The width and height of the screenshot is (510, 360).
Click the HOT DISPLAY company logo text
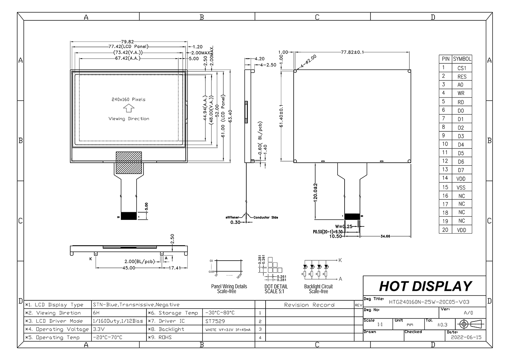[x=425, y=286]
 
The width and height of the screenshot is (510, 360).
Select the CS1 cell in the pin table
[x=462, y=68]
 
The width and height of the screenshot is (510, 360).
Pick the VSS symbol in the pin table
[x=462, y=187]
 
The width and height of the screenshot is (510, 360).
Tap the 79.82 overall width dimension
[x=127, y=41]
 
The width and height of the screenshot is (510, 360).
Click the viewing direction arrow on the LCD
[x=128, y=108]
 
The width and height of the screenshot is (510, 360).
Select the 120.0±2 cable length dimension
[x=315, y=192]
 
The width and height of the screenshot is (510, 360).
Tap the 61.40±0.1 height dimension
[x=281, y=116]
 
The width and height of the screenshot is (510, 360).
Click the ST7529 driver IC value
[x=215, y=321]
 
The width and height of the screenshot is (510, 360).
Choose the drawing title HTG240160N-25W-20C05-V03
[x=429, y=302]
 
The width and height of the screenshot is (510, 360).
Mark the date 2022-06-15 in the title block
[x=466, y=337]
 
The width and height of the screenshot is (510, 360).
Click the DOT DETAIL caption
[x=276, y=289]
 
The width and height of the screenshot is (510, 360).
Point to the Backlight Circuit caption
[x=318, y=289]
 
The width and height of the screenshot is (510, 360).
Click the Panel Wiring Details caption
[x=229, y=289]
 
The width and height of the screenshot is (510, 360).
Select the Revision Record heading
[x=309, y=305]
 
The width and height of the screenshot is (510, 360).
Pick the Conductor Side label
[x=266, y=217]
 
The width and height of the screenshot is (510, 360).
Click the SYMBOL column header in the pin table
[x=462, y=59]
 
